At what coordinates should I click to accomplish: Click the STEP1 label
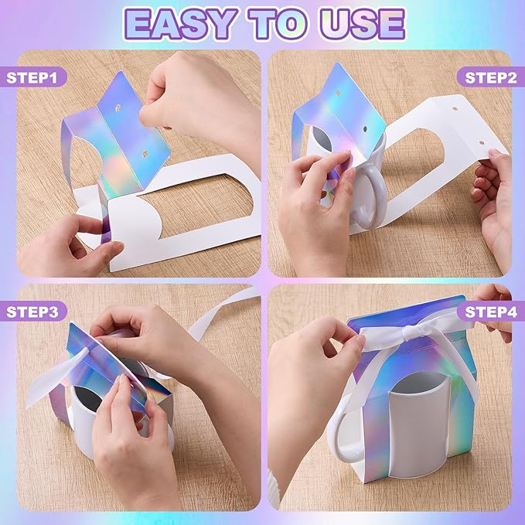(32, 77)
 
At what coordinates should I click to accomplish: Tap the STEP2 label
(490, 77)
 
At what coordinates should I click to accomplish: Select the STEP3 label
(32, 312)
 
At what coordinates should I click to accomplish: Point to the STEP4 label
(491, 312)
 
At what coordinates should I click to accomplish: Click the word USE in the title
(363, 24)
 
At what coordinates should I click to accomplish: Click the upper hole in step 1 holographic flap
(118, 108)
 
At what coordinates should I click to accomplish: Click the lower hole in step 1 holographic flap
(145, 155)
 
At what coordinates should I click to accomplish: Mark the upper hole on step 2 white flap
(455, 109)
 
